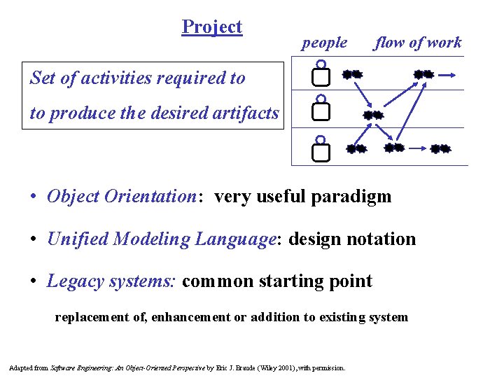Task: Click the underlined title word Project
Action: click(x=211, y=27)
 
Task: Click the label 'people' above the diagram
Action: click(x=324, y=43)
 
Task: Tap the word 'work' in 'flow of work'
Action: click(x=444, y=43)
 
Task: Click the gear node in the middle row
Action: click(x=373, y=115)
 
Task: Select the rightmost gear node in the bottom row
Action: click(x=440, y=148)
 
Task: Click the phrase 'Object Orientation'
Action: click(x=122, y=197)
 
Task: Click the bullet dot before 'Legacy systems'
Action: click(x=34, y=282)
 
